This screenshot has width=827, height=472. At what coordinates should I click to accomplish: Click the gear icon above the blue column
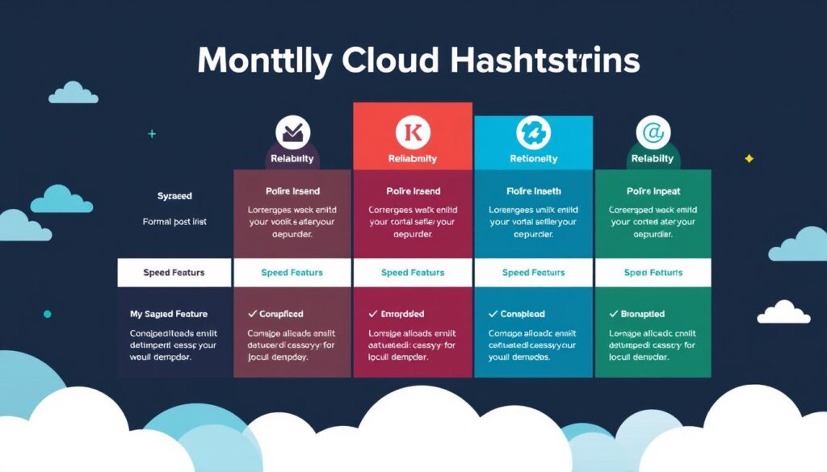[533, 132]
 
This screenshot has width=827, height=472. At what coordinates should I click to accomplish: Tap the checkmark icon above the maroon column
[292, 132]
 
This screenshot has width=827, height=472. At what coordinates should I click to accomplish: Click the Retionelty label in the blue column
[533, 159]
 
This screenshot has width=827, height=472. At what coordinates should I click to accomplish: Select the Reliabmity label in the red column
[412, 159]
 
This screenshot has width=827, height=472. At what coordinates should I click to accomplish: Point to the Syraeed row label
[174, 196]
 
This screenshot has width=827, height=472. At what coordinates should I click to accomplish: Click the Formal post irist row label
[174, 221]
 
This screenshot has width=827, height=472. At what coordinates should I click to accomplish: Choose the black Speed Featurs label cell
[174, 273]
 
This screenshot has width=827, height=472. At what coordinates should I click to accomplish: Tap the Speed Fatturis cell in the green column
[653, 273]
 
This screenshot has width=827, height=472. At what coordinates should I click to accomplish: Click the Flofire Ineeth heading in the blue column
[533, 191]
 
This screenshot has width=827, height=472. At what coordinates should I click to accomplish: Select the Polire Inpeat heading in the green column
[653, 191]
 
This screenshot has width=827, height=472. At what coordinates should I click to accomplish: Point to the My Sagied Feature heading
[169, 314]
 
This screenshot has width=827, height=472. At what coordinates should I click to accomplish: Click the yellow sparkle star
[749, 158]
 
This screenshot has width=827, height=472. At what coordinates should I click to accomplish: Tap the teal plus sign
[152, 134]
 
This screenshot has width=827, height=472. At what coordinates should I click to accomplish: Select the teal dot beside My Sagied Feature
[47, 313]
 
